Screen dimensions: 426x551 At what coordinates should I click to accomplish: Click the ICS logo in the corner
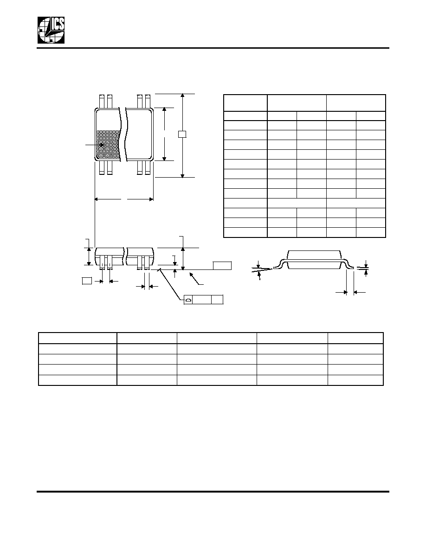[52, 30]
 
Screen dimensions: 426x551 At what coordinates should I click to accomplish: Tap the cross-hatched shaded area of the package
[108, 145]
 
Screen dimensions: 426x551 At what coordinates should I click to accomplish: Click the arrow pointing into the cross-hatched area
[96, 144]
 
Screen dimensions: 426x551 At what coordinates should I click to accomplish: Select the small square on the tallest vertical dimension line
[182, 134]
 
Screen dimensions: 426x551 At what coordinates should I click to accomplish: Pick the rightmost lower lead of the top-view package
[148, 168]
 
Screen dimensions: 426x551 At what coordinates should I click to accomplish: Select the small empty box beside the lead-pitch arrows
[87, 281]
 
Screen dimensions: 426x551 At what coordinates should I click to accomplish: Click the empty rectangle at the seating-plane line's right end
[222, 266]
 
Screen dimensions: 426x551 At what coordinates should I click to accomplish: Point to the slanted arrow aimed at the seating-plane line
[196, 278]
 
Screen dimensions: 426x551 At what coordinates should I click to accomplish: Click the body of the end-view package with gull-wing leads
[314, 260]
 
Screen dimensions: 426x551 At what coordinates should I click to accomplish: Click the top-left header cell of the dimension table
[245, 103]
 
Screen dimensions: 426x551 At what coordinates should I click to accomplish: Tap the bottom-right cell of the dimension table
[371, 232]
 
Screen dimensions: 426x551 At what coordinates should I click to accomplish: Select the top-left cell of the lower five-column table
[77, 338]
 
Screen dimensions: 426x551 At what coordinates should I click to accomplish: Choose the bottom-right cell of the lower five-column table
[355, 380]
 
